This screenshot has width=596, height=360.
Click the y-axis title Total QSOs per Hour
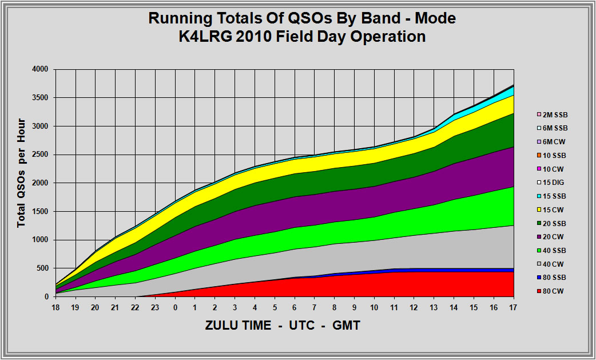pyautogui.click(x=21, y=173)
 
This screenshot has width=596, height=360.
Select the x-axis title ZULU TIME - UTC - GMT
pyautogui.click(x=283, y=325)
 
